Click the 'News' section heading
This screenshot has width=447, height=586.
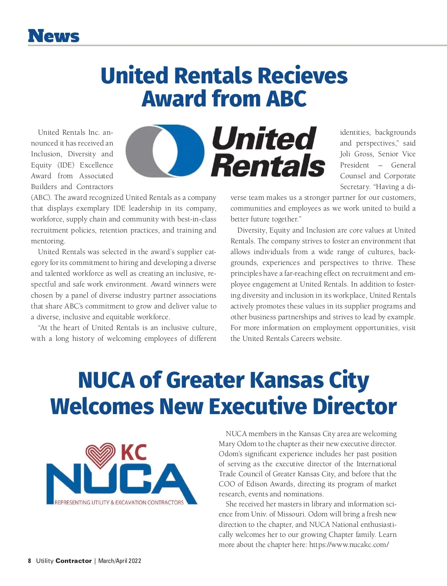click(x=54, y=36)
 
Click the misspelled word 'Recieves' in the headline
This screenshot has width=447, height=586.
click(x=302, y=76)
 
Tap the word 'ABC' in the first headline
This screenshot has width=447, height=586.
click(x=286, y=99)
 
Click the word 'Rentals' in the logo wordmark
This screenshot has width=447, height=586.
click(x=268, y=166)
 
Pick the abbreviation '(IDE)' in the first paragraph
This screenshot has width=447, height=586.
click(x=66, y=165)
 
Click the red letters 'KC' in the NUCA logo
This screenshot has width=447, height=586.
click(x=134, y=452)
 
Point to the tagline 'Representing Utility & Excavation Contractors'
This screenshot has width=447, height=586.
click(x=119, y=502)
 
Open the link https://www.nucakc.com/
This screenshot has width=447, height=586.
click(x=349, y=545)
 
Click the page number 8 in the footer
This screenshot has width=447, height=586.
click(x=29, y=561)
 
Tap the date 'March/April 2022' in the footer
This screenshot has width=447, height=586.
click(x=120, y=561)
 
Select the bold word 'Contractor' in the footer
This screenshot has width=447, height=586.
click(x=73, y=561)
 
